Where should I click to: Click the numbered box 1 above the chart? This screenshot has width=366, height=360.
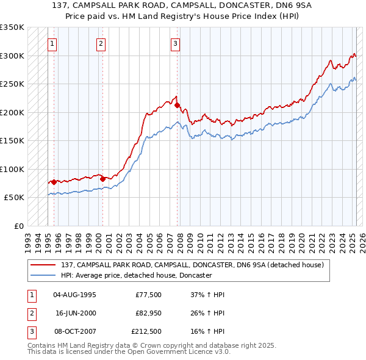point(53,43)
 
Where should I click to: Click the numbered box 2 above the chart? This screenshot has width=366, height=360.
point(101,43)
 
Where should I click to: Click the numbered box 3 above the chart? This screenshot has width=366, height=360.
point(176,43)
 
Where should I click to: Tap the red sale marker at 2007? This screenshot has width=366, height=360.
point(177,105)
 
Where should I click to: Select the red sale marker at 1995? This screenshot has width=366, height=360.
point(54,182)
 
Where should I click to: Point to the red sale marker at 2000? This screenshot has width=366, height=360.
point(102,179)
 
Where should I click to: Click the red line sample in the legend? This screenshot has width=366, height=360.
point(44,265)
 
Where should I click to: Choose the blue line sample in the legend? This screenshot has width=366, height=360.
point(44,276)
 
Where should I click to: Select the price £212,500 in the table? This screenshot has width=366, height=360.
point(146,331)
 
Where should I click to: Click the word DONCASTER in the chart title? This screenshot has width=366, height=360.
point(223,6)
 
